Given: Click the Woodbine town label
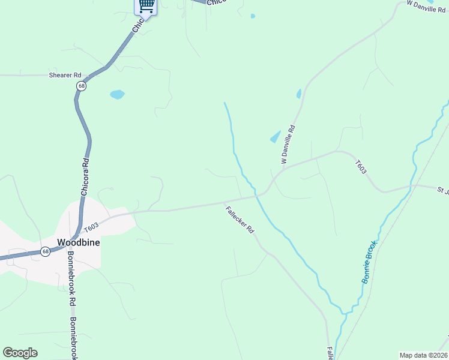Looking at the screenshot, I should pyautogui.click(x=78, y=243).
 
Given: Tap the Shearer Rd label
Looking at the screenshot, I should pyautogui.click(x=65, y=76).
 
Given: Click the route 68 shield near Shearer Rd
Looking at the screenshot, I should pyautogui.click(x=81, y=86).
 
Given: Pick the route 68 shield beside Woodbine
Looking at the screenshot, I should pyautogui.click(x=46, y=252).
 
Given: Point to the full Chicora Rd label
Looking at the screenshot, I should pyautogui.click(x=85, y=176).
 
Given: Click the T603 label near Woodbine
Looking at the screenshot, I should pyautogui.click(x=91, y=227).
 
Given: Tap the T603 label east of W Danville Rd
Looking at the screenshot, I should pyautogui.click(x=361, y=167).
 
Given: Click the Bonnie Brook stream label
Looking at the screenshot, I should pyautogui.click(x=369, y=262).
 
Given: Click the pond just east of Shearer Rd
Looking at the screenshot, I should pyautogui.click(x=117, y=94).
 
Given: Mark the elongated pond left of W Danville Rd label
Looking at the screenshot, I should pyautogui.click(x=275, y=137).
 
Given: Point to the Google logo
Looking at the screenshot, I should pyautogui.click(x=20, y=353).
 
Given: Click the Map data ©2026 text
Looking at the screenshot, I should pyautogui.click(x=423, y=355).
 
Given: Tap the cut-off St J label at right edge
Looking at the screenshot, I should pyautogui.click(x=443, y=191).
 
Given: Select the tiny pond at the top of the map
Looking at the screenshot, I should pyautogui.click(x=253, y=16).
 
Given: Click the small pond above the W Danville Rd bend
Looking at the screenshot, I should pyautogui.click(x=299, y=94).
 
